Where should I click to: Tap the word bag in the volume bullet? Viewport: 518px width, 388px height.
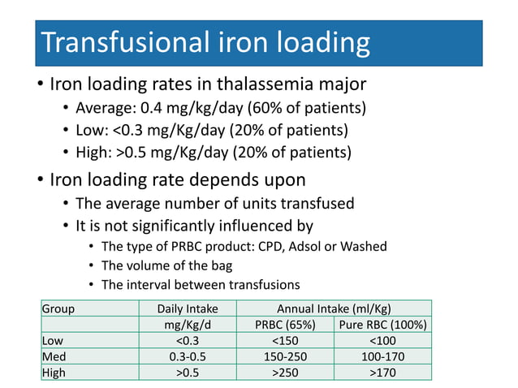click(x=222, y=265)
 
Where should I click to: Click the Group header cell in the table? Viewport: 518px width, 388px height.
click(x=58, y=308)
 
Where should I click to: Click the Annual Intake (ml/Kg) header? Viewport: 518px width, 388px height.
click(x=334, y=308)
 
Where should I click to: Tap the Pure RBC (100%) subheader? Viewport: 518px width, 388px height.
click(x=382, y=325)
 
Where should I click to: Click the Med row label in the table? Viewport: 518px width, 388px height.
click(x=54, y=357)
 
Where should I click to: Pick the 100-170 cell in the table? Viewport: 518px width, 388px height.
click(x=382, y=357)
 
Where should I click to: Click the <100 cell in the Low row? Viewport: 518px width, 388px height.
click(x=382, y=341)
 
